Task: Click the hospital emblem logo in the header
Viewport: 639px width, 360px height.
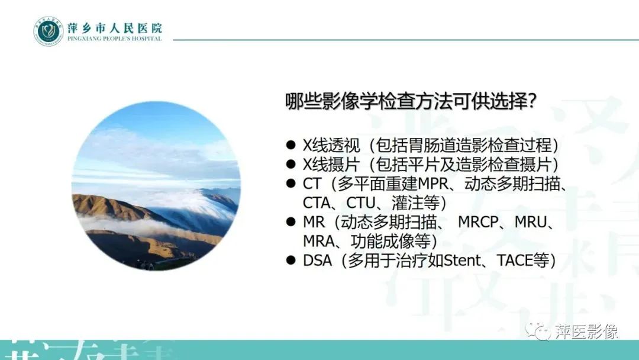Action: point(48,31)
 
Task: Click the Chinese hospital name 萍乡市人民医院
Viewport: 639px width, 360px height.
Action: point(115,27)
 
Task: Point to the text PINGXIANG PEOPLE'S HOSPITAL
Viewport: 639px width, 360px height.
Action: point(115,39)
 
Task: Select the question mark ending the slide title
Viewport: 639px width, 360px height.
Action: point(531,101)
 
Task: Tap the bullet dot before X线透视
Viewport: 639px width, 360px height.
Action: point(290,145)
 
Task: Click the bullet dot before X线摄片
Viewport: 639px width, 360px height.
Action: point(290,164)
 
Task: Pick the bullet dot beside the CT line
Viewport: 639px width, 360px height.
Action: point(290,184)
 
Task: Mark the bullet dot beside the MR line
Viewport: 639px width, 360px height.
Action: point(290,221)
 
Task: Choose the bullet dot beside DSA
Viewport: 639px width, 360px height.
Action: point(290,260)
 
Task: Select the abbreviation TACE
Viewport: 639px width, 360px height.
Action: point(516,261)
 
